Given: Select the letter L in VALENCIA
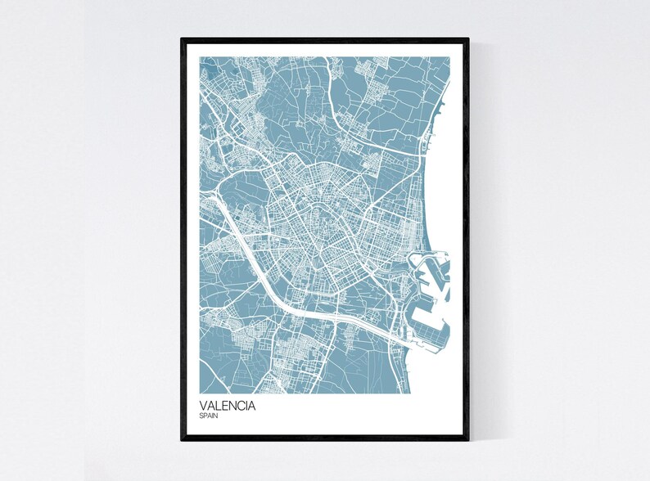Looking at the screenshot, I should [218, 405].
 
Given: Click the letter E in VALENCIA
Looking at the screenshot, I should [225, 405].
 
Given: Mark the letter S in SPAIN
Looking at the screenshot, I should [201, 416].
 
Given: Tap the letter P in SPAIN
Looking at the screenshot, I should [205, 416].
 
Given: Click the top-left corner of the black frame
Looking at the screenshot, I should [182, 38].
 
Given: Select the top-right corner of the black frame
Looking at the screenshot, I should [467, 38].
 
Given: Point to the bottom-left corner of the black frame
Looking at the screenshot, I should [182, 440].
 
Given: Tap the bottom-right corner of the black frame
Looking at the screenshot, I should [467, 440].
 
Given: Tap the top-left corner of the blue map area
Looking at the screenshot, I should [199, 57].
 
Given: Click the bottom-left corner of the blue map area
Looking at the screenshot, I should [199, 392].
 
